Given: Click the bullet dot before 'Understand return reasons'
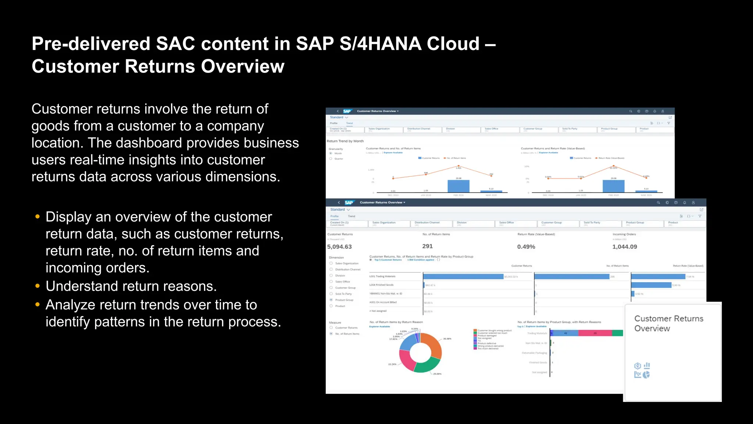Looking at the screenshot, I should click(37, 286).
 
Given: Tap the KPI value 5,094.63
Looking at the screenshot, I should click(339, 247).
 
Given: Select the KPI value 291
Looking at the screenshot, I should click(427, 246).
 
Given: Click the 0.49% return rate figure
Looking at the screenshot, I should click(526, 247).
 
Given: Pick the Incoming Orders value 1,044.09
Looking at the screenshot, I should click(624, 247).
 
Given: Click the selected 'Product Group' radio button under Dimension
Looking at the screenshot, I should click(331, 300).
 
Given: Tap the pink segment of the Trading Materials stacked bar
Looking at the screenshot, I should click(595, 333).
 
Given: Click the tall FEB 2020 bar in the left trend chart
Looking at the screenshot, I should click(458, 186).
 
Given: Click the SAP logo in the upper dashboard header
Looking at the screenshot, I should click(347, 111).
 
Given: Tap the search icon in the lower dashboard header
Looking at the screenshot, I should click(658, 203).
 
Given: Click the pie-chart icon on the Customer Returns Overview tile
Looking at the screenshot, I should click(646, 375).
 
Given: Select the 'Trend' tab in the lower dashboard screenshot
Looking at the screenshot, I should click(351, 216).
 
